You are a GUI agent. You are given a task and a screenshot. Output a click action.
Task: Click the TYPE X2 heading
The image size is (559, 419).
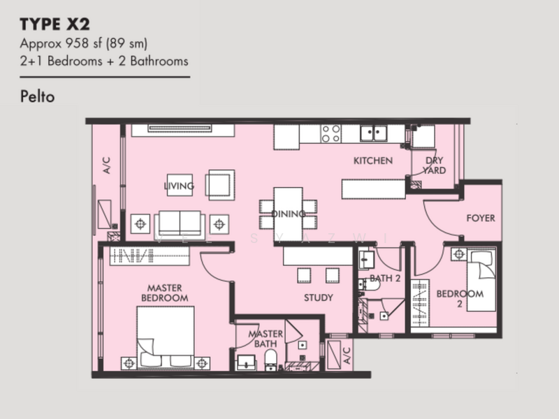(x=55, y=24)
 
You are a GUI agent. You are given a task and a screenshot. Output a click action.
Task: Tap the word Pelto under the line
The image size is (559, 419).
(x=38, y=96)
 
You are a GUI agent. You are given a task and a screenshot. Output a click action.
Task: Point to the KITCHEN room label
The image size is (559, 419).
(x=373, y=161)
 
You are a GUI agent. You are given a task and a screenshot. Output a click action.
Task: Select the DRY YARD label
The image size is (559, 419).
(x=434, y=166)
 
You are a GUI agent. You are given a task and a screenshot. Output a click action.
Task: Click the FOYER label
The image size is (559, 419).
(x=481, y=218)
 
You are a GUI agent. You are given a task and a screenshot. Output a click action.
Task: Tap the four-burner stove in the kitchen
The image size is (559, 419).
(x=331, y=133)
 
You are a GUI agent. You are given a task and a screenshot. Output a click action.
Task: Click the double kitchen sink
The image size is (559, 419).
(x=373, y=133)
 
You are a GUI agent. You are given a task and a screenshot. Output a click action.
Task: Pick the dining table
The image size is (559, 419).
(x=288, y=214)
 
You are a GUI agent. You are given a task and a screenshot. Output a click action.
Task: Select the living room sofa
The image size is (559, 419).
(x=180, y=224)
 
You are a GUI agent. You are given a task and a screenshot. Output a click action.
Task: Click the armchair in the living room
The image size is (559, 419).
(x=220, y=185)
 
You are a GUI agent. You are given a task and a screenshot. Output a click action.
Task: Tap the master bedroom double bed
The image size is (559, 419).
(x=166, y=337)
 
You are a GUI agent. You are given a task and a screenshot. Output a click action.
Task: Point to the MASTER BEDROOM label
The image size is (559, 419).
(x=165, y=293)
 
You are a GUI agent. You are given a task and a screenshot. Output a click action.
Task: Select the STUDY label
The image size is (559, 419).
(x=319, y=297)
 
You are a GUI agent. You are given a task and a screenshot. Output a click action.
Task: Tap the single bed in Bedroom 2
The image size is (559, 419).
(x=481, y=280)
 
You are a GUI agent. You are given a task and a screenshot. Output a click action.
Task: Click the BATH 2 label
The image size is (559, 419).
(x=385, y=278)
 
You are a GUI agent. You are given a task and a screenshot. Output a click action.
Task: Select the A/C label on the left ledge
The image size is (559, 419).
(x=107, y=166)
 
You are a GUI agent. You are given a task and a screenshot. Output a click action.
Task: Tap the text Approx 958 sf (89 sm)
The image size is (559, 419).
(x=84, y=43)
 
